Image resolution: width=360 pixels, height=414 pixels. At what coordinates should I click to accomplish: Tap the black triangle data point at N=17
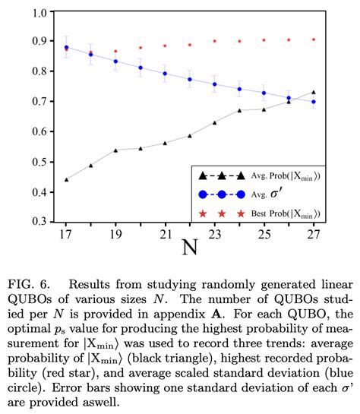(x=66, y=180)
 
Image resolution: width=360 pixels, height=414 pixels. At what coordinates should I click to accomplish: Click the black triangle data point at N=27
(x=312, y=93)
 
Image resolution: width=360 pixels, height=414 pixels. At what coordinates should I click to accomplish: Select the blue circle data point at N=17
(x=66, y=48)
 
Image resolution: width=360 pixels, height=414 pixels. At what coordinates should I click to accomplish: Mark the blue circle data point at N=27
(x=312, y=102)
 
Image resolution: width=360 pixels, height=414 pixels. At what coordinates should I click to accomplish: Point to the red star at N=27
(x=312, y=40)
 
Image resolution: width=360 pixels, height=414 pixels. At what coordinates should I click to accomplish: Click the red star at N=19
(x=115, y=52)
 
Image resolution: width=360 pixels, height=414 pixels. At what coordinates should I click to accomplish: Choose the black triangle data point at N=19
(x=115, y=150)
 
